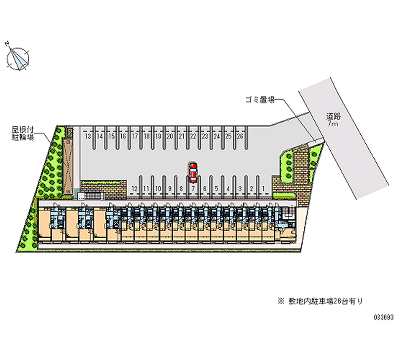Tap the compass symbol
click(18, 57)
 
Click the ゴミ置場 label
click(259, 99)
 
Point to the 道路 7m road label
click(332, 121)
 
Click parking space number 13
click(88, 136)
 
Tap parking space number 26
click(240, 136)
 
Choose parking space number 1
click(263, 188)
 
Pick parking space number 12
click(135, 188)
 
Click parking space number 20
click(170, 136)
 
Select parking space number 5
click(216, 188)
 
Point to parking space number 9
click(170, 188)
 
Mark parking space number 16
click(123, 136)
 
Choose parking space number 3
click(240, 188)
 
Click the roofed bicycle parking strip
click(69, 161)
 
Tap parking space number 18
click(147, 136)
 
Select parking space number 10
click(158, 188)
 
